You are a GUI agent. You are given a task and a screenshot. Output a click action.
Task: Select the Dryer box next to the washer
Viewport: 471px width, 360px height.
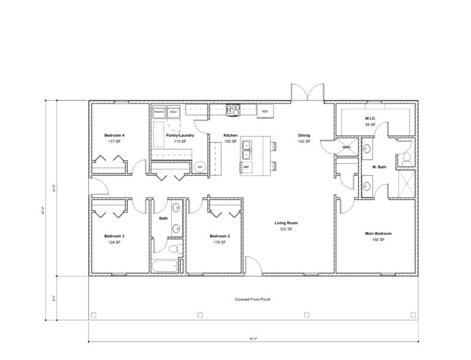(174, 112)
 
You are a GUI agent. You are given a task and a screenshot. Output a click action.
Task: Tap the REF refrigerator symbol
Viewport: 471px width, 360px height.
(265, 112)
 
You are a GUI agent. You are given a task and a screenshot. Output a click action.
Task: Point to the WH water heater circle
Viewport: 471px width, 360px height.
(199, 167)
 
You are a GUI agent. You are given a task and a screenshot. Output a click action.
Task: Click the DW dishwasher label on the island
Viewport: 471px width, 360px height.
(246, 167)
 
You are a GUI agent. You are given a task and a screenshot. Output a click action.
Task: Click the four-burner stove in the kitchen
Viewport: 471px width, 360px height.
(233, 110)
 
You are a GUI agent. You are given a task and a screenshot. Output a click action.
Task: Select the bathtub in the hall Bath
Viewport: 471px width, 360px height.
(165, 266)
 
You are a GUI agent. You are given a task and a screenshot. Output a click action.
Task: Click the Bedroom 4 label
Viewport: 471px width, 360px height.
(114, 135)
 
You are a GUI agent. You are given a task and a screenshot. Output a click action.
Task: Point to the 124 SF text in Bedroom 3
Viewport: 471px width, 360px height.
(114, 242)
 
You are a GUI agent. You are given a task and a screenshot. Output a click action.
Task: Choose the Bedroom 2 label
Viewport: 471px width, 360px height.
(220, 236)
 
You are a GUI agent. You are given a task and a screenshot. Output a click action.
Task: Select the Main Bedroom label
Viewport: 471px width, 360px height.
(378, 234)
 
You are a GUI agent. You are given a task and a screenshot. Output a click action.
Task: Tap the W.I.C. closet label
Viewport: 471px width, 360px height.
(370, 118)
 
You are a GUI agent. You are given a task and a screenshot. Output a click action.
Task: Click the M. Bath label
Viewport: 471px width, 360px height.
(379, 167)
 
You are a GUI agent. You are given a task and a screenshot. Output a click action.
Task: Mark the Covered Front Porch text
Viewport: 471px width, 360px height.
(253, 300)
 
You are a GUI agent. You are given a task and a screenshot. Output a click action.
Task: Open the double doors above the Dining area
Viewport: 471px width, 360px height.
(305, 93)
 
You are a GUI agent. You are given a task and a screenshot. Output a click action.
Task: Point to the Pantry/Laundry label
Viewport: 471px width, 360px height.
(180, 135)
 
